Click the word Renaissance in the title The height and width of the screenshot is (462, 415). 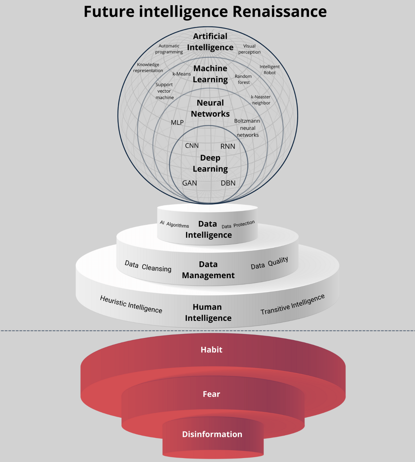point(279,12)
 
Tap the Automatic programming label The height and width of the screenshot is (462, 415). point(169,49)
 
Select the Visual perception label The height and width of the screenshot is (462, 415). point(249,49)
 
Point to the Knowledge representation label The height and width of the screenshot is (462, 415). point(148,67)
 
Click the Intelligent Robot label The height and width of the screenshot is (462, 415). point(270,69)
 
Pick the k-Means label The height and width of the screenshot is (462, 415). point(182,74)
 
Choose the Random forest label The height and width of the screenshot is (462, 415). point(243,79)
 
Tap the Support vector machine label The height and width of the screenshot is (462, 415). point(164,91)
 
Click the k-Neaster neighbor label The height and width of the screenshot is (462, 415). point(261,100)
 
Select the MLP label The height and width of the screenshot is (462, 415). point(177,123)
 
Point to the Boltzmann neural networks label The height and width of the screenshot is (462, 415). point(247,128)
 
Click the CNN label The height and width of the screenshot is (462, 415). point(192,146)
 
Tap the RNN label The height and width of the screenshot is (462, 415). point(228,146)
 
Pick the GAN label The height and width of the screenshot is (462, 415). point(189,183)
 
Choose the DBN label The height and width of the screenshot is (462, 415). point(228,183)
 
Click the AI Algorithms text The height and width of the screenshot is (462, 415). point(175,224)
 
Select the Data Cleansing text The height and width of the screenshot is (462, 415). point(148,266)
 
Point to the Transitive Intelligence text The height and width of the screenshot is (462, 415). point(292,304)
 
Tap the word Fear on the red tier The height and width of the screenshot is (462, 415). point(211,394)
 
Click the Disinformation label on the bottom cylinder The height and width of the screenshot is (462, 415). point(212,434)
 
